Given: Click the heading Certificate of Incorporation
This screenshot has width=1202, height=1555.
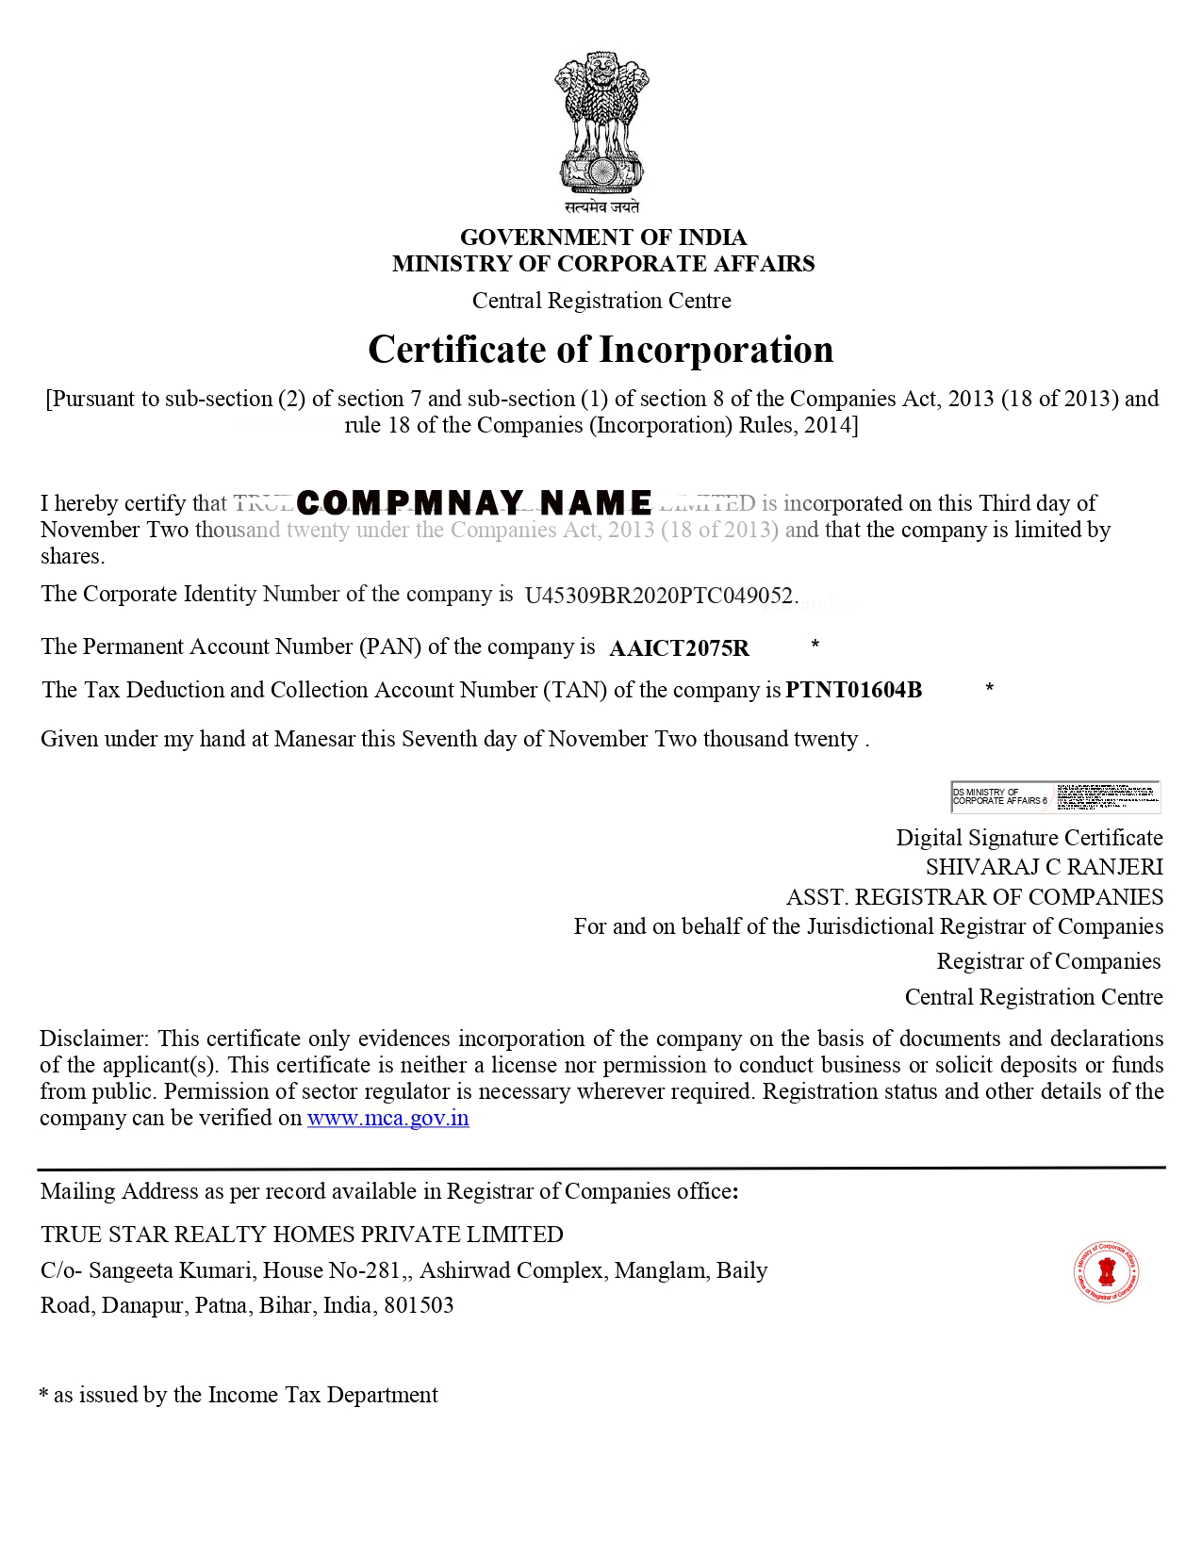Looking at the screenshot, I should tap(601, 350).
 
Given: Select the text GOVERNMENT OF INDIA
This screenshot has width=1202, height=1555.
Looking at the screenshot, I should tap(602, 237).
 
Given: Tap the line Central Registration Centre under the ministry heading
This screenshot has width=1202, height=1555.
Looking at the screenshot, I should tap(601, 301).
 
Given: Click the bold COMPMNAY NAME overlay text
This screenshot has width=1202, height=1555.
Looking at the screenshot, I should tap(474, 503).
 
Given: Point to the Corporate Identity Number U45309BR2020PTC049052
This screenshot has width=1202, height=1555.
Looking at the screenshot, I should tap(660, 596).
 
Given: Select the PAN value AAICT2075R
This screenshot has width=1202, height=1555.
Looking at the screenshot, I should tap(679, 648).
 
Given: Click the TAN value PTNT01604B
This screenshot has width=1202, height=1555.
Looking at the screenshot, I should tap(853, 690).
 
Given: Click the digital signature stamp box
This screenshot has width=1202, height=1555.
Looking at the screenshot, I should tap(1055, 797).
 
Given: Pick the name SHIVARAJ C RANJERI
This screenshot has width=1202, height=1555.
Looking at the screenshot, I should tap(1044, 867).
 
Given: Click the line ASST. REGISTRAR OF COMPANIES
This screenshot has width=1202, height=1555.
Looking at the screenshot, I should tap(975, 897).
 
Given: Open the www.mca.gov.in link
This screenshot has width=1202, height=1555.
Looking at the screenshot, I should tap(387, 1119).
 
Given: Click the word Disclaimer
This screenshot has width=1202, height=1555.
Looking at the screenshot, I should tap(92, 1039).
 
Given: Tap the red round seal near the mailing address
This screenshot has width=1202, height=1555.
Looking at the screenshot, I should tap(1106, 1272).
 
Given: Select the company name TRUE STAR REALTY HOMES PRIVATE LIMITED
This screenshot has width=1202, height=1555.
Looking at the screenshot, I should tap(302, 1235).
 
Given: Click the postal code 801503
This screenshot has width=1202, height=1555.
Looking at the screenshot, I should tap(419, 1306).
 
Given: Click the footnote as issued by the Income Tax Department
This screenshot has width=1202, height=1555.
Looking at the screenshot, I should tap(245, 1395).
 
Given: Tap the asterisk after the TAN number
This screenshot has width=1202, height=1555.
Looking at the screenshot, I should tap(989, 689).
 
